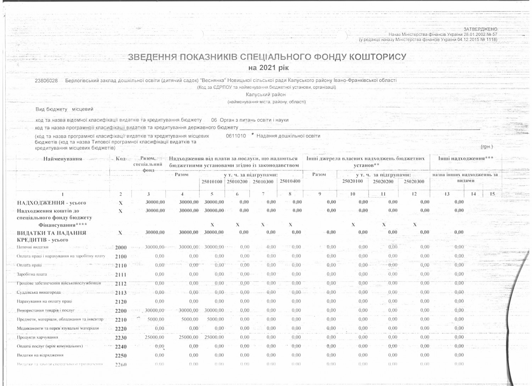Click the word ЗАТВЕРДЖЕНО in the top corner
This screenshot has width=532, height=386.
click(480, 29)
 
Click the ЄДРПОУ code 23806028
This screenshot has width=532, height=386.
click(46, 80)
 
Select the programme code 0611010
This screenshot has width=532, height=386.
click(236, 136)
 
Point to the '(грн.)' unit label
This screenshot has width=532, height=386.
click(487, 146)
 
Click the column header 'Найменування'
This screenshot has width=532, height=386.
click(62, 159)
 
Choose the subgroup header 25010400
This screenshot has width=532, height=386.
click(290, 181)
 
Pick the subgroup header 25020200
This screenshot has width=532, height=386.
click(383, 181)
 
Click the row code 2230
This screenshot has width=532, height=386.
click(121, 338)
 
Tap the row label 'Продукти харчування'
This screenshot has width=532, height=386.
click(37, 337)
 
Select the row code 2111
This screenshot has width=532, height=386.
click(121, 275)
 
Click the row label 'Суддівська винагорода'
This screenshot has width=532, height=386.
click(39, 293)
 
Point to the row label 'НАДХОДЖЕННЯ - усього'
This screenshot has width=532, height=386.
click(51, 203)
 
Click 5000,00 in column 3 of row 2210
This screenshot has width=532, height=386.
click(156, 319)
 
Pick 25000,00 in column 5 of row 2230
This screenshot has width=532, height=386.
click(214, 337)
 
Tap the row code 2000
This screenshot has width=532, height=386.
click(121, 248)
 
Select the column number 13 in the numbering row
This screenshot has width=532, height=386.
click(447, 194)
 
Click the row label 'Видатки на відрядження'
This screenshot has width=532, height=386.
click(40, 355)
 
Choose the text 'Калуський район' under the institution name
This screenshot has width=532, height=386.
click(266, 95)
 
